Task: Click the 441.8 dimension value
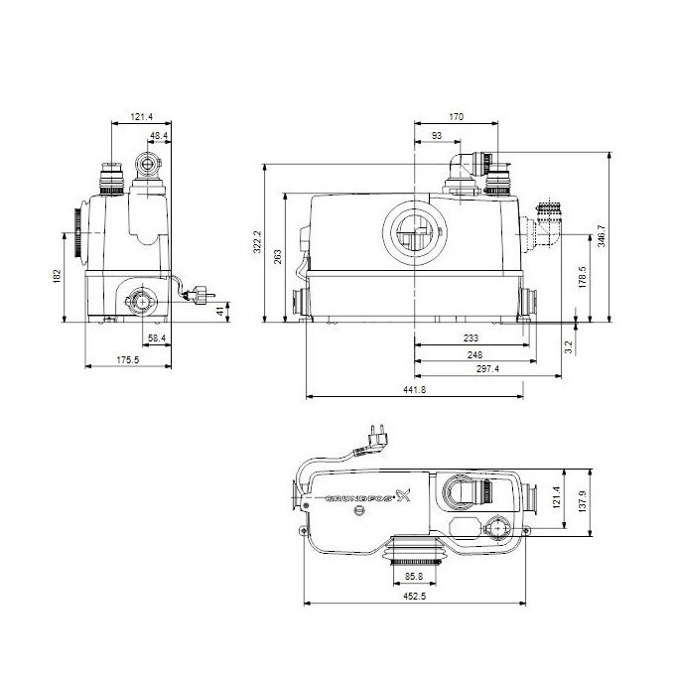click(415, 391)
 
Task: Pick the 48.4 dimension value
click(159, 134)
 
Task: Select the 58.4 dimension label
click(157, 338)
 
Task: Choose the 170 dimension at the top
click(456, 117)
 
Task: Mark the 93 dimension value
click(437, 135)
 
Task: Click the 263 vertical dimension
click(279, 255)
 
